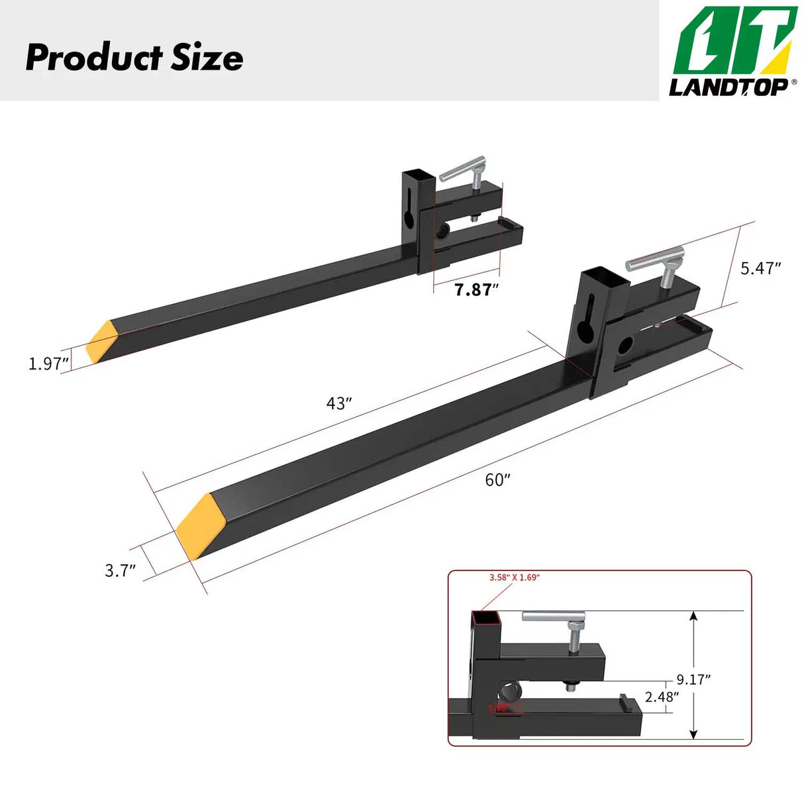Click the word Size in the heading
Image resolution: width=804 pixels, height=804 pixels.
tap(207, 58)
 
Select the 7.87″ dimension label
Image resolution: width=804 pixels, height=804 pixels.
tap(476, 289)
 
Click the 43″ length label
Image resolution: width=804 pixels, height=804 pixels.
tap(339, 403)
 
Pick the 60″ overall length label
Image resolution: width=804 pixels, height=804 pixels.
tap(498, 480)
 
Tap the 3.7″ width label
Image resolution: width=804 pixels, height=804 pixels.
tap(121, 570)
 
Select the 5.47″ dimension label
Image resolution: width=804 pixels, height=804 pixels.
tap(760, 268)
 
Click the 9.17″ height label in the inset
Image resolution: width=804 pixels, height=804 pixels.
tap(693, 679)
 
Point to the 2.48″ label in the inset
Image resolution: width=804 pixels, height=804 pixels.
tap(662, 697)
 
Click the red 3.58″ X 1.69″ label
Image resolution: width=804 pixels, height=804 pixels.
tap(515, 578)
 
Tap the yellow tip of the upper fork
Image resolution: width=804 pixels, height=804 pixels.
tap(102, 341)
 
